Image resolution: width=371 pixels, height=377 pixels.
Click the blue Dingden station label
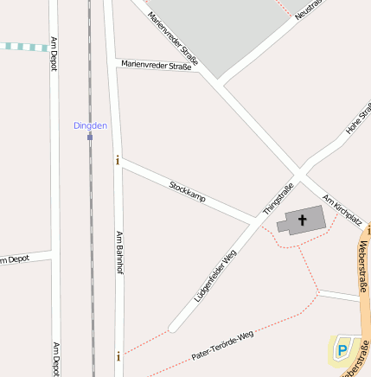(90, 125)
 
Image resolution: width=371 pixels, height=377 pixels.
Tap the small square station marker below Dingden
(89, 136)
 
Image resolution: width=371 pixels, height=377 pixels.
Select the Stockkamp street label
(188, 192)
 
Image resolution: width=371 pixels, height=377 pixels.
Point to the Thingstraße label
(278, 198)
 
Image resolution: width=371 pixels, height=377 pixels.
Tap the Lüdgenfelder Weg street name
(216, 276)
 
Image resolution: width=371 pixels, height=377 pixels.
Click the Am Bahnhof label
(119, 253)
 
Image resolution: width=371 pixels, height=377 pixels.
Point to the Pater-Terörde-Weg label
(223, 343)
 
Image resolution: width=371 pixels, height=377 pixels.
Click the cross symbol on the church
(302, 220)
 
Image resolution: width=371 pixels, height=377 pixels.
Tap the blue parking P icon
(343, 349)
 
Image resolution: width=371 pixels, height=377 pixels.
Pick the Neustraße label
(307, 10)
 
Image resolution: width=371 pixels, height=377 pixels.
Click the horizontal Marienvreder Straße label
(156, 65)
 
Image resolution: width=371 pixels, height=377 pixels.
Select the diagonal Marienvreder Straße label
(172, 39)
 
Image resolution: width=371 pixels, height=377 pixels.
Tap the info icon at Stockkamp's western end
(118, 159)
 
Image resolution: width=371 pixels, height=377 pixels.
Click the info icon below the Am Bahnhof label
(118, 355)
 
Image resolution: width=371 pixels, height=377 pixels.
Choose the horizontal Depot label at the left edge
(19, 259)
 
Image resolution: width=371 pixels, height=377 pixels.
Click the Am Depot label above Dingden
(54, 54)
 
